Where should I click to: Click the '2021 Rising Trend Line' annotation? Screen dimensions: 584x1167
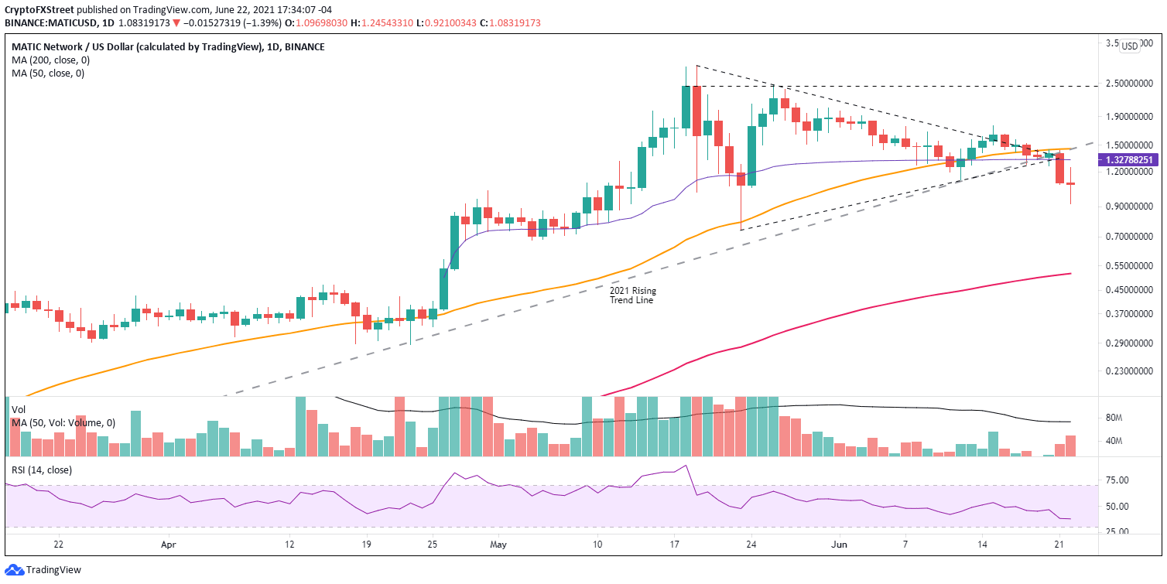(632, 295)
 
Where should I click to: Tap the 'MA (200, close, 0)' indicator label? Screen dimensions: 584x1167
(48, 60)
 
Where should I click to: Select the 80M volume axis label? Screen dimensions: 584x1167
(1114, 418)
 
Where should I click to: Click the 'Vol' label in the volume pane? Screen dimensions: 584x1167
(19, 409)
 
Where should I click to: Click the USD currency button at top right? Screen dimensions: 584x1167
(1131, 46)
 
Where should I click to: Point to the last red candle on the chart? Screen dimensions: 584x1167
(1071, 184)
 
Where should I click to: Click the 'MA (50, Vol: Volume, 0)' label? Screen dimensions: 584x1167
(63, 422)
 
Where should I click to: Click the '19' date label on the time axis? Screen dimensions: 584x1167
(366, 545)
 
